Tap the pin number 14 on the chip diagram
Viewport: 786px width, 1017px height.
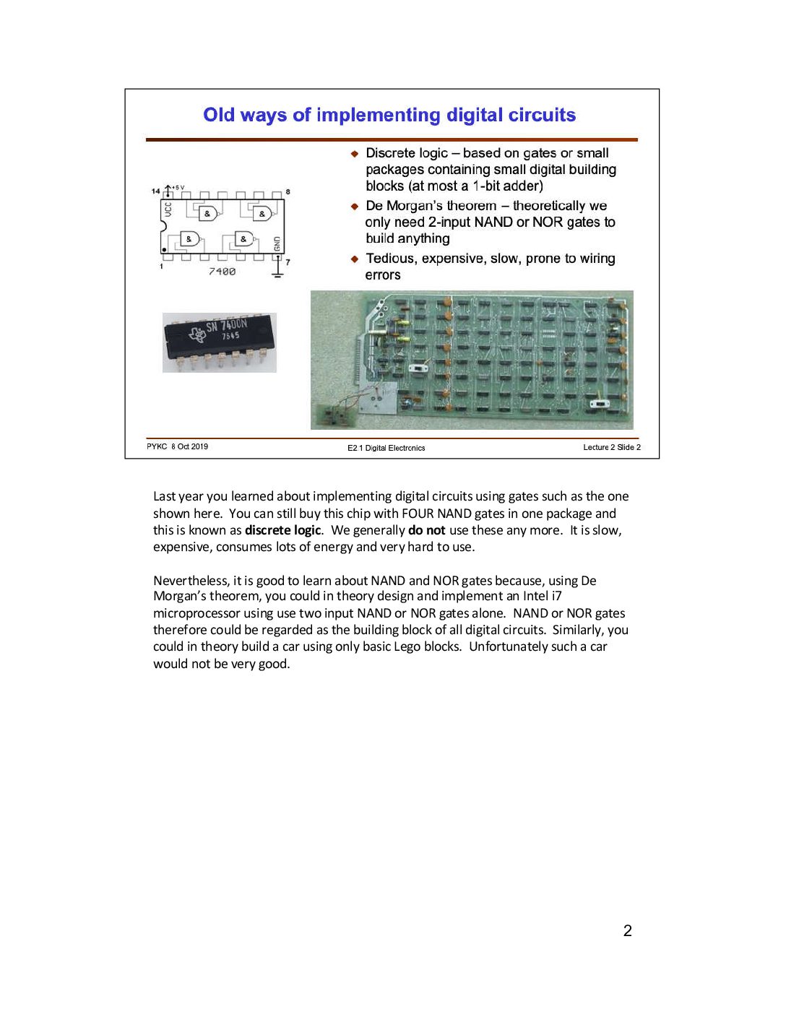click(155, 191)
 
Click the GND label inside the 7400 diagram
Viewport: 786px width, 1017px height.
click(277, 244)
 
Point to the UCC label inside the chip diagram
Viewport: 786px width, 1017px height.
click(168, 209)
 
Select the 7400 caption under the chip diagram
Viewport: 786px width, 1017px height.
click(222, 272)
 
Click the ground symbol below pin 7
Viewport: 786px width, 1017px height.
click(278, 271)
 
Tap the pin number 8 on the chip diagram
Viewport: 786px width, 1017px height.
click(288, 191)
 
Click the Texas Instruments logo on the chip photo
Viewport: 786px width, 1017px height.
click(196, 333)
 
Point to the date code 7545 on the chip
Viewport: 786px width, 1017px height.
click(230, 336)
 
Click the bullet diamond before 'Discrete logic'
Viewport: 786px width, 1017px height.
click(355, 154)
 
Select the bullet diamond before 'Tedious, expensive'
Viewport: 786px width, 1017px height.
click(355, 259)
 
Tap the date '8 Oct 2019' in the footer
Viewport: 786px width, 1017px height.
click(189, 446)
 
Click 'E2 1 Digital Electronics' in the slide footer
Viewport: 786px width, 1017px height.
click(386, 448)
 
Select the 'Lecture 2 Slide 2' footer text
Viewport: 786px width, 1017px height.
click(612, 447)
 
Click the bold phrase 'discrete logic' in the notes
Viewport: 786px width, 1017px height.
click(282, 530)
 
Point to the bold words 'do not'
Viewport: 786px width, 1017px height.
click(426, 530)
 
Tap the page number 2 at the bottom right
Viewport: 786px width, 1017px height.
click(628, 930)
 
